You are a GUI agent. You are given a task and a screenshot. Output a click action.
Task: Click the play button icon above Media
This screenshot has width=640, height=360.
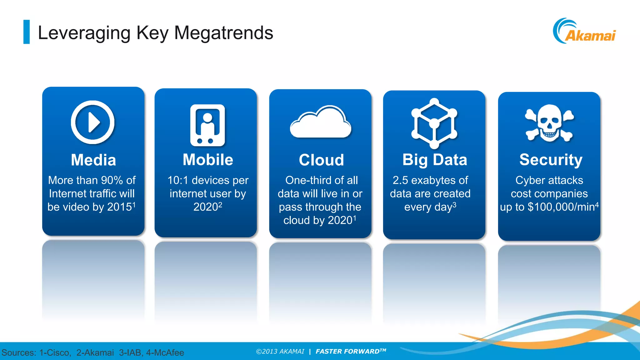point(92,122)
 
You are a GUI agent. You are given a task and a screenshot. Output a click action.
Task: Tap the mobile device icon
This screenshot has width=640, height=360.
point(207,125)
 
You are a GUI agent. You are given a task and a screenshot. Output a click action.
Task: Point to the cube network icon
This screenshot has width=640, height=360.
point(434,123)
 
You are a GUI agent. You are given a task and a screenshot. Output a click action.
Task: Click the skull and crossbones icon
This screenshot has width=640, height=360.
point(549,123)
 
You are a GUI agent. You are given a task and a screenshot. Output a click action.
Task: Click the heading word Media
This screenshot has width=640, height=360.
point(93,160)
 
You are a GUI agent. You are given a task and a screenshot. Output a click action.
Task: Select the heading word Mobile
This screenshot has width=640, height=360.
point(208,160)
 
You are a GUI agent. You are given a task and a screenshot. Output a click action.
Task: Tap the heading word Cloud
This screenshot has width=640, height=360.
point(321,160)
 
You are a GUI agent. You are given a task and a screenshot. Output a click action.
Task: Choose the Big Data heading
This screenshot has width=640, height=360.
point(434,160)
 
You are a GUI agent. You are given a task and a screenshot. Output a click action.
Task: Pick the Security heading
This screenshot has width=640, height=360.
point(551,160)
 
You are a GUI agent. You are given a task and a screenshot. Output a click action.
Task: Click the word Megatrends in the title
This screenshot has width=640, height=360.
point(223,33)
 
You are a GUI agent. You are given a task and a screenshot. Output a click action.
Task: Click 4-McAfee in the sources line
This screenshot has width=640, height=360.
point(165,352)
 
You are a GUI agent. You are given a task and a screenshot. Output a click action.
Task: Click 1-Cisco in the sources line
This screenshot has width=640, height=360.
point(55,352)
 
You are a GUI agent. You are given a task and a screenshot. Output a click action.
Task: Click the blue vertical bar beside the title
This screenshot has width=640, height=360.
point(27,32)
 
